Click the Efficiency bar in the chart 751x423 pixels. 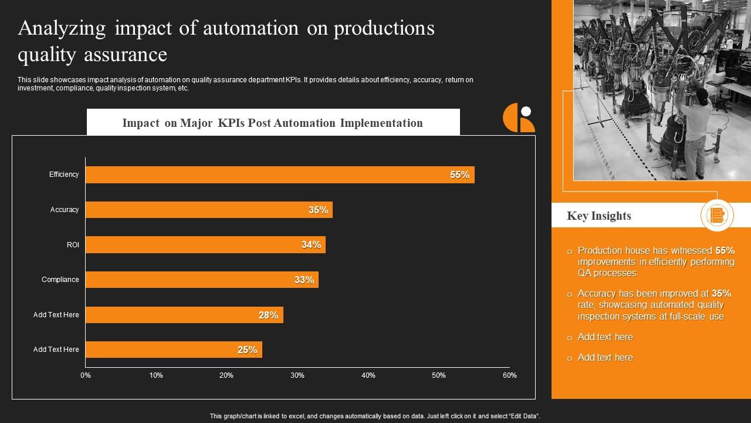280,174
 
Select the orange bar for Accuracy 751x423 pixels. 209,210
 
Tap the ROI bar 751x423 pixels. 205,244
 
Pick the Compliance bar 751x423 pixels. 202,280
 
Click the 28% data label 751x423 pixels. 268,315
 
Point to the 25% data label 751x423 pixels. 247,350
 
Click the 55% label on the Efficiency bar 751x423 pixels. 459,174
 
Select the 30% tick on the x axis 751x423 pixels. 297,375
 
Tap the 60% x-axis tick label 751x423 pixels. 509,375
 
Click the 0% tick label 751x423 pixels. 86,375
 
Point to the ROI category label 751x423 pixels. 73,244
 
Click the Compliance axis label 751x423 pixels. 60,280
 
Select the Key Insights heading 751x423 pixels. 598,216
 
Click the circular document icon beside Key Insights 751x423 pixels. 717,215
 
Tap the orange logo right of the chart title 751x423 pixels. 519,117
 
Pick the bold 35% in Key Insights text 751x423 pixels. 721,293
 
